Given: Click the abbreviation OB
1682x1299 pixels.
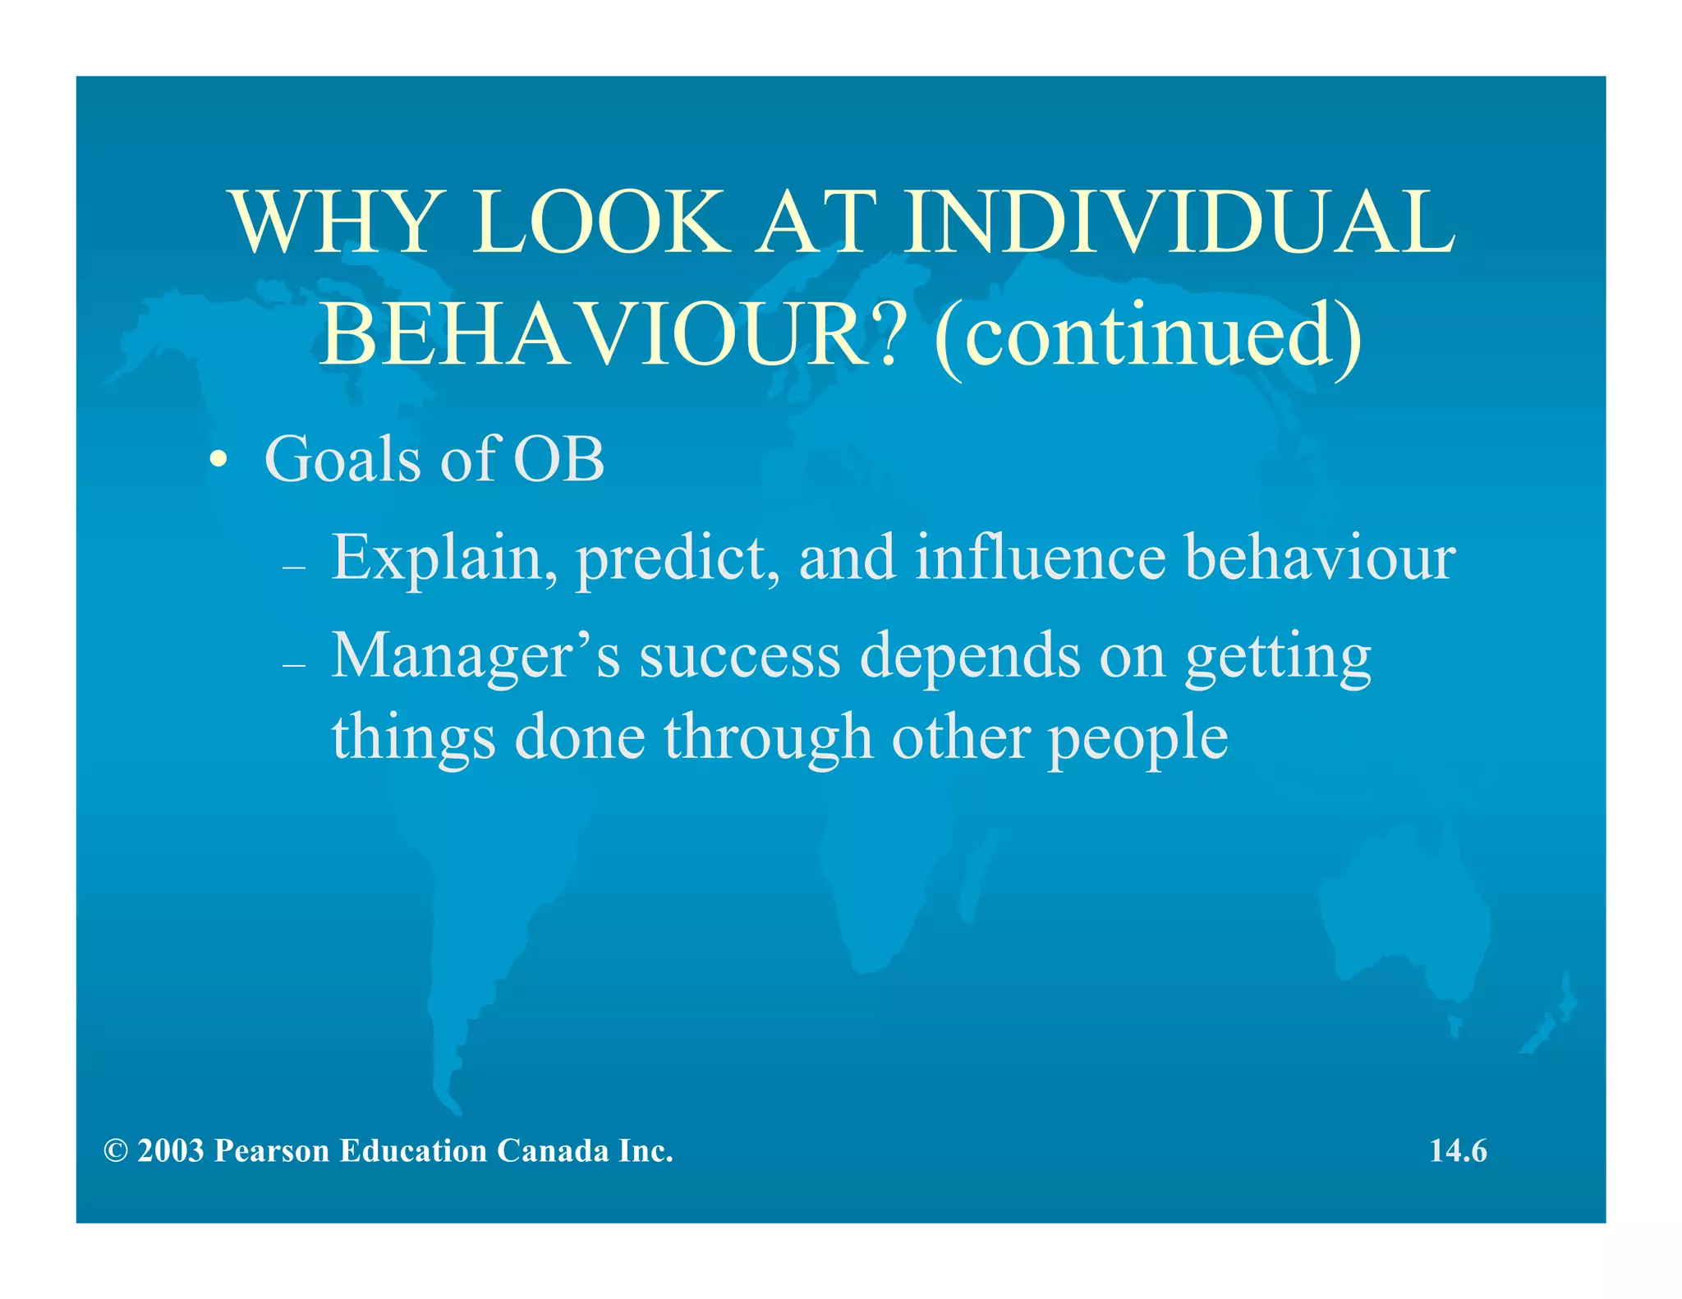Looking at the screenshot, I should point(558,459).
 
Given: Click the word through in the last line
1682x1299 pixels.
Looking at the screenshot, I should point(768,737).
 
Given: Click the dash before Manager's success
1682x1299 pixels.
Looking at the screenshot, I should point(293,665).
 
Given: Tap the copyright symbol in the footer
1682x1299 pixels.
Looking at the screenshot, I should point(115,1151).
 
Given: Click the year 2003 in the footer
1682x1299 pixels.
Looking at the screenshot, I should point(170,1151).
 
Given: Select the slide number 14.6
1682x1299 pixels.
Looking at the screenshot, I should point(1458,1151).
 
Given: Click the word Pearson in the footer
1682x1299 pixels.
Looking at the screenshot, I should point(271,1151).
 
